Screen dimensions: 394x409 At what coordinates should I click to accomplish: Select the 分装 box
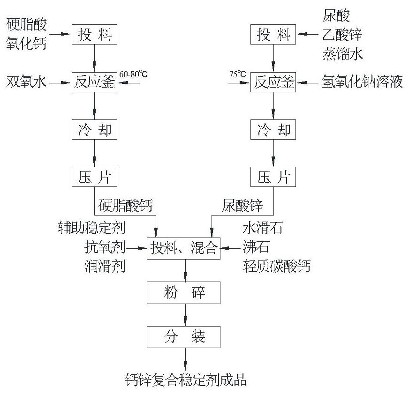pyautogui.click(x=186, y=336)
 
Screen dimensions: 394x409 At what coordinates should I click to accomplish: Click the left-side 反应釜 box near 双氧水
pyautogui.click(x=94, y=82)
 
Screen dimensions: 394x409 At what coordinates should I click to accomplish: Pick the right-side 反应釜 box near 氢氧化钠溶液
pyautogui.click(x=273, y=82)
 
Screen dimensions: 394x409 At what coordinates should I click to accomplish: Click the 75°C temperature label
pyautogui.click(x=237, y=74)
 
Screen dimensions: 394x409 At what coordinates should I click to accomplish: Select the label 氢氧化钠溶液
pyautogui.click(x=362, y=82)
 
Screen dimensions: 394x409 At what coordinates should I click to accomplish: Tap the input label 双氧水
pyautogui.click(x=27, y=82)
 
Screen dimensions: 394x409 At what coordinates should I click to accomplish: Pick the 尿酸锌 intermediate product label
pyautogui.click(x=242, y=205)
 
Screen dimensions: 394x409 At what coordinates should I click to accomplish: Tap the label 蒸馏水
pyautogui.click(x=342, y=54)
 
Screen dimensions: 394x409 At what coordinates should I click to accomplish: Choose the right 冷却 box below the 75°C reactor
pyautogui.click(x=273, y=130)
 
